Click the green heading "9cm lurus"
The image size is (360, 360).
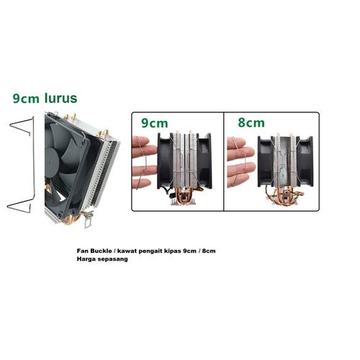(45, 97)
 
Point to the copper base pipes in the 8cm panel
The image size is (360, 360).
(287, 201)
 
